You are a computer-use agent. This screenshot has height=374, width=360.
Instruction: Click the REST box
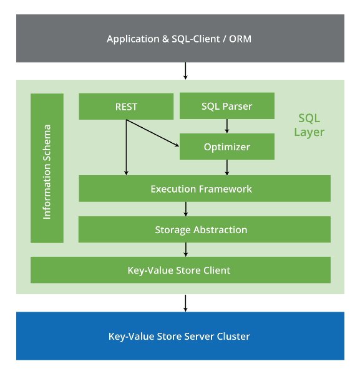126,107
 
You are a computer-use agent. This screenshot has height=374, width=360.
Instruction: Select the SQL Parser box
227,106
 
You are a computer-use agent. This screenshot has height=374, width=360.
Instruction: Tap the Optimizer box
227,146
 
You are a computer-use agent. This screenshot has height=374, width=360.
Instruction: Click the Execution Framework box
205,188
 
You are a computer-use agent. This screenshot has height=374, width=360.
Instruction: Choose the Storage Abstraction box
205,229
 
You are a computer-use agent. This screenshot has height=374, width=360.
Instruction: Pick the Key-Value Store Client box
180,270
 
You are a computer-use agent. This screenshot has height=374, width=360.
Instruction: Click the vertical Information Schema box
47,168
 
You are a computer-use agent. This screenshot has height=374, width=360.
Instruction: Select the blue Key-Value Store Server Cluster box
180,336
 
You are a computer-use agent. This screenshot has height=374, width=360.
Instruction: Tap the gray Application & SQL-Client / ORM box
180,39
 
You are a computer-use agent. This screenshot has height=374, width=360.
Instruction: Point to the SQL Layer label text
309,125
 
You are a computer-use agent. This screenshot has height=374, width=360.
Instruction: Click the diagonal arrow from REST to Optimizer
152,133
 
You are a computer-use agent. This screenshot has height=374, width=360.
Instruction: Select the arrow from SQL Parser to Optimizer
227,126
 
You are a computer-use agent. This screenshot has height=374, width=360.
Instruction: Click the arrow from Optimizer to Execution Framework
227,168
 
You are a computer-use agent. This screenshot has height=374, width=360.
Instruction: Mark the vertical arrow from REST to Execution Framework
126,147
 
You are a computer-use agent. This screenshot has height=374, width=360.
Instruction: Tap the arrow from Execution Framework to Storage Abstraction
186,209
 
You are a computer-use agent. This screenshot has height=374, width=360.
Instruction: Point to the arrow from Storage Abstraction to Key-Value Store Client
186,250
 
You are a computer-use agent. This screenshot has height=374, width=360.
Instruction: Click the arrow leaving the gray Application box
185,71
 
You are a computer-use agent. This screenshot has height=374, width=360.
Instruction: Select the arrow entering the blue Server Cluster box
185,303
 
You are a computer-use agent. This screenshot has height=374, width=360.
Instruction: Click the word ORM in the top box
240,39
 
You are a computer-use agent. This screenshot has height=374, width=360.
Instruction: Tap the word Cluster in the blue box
233,337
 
